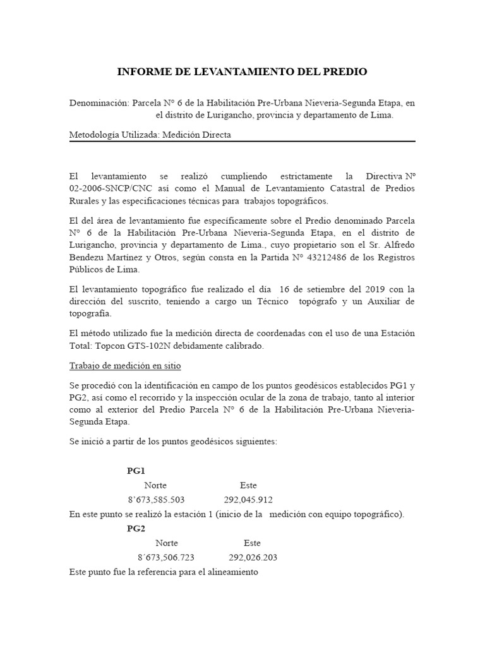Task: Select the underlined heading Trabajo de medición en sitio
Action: coord(125,366)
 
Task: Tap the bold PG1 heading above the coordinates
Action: coord(136,471)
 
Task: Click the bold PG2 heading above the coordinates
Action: coord(136,529)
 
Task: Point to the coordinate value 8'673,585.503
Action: coord(156,500)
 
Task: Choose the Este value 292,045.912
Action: coord(248,500)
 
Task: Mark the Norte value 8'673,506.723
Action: coord(165,557)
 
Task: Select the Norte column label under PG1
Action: coord(155,485)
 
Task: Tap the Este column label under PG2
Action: coord(252,543)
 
